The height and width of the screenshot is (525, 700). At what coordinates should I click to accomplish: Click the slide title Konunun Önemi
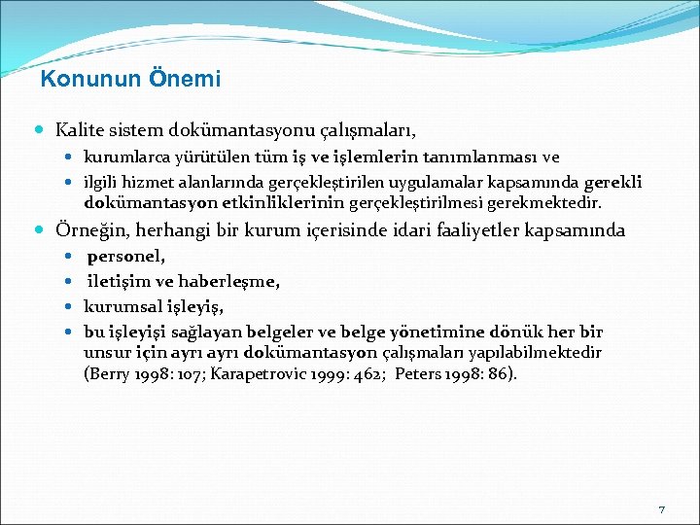(131, 79)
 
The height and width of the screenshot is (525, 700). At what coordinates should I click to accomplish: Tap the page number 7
(661, 509)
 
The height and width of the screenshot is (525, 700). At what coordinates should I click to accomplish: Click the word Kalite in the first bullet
(80, 129)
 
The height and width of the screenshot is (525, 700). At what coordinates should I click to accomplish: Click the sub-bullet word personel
(126, 258)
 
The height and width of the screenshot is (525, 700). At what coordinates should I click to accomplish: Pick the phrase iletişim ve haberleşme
(184, 282)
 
